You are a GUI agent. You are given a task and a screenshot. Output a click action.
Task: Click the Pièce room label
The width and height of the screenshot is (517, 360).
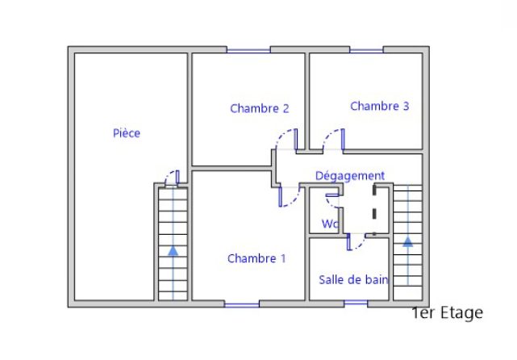(127, 133)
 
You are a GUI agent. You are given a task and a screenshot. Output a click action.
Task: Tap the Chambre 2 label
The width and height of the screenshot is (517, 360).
(260, 108)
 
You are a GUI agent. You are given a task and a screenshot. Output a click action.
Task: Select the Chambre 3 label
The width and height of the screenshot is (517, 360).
(380, 106)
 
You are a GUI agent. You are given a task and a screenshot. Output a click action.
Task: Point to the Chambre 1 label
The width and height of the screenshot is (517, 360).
(256, 258)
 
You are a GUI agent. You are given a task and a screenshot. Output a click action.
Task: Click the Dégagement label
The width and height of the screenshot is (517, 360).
(350, 176)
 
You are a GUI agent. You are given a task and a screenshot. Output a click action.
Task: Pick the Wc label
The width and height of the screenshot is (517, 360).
(330, 224)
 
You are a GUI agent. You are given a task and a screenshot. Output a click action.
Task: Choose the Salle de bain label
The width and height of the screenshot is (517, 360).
(353, 280)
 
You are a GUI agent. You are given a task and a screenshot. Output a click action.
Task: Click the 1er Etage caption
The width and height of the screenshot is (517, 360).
(448, 312)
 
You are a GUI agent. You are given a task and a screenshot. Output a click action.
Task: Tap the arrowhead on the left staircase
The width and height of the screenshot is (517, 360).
(173, 251)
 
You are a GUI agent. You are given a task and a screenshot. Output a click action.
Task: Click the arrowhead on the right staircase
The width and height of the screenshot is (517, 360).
(408, 241)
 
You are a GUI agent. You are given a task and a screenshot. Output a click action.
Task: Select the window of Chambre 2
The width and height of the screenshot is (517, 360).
(248, 51)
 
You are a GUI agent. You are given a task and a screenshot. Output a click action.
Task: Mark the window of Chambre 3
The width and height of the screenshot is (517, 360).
(366, 51)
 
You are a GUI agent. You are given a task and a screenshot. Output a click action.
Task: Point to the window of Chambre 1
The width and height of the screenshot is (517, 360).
(242, 304)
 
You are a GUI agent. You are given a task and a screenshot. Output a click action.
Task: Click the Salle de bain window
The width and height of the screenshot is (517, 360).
(356, 303)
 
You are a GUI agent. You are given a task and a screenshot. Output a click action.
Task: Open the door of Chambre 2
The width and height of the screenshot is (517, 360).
(287, 140)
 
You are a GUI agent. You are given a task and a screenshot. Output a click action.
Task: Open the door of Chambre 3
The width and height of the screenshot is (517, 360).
(334, 140)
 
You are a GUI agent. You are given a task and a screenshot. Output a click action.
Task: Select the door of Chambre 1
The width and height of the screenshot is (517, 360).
(290, 196)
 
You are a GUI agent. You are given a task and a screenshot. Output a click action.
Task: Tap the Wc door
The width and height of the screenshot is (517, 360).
(333, 200)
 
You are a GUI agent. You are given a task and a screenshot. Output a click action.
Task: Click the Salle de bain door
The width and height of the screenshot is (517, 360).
(356, 242)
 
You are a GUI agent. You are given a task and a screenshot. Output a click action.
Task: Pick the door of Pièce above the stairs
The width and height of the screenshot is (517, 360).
(172, 178)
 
